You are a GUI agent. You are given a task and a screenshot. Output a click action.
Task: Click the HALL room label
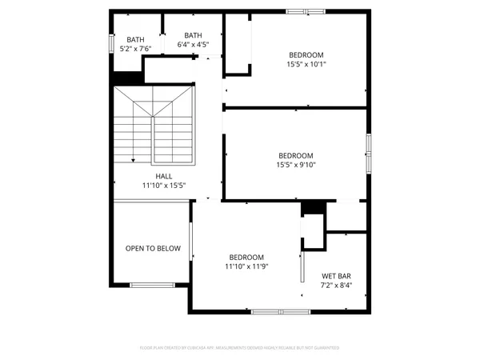[163, 176]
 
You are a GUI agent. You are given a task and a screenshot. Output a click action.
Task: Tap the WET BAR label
[336, 276]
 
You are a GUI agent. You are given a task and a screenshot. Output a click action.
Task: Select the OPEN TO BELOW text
[153, 249]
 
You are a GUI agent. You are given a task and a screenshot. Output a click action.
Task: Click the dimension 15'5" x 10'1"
[306, 65]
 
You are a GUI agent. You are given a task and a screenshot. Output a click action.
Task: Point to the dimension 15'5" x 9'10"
[296, 166]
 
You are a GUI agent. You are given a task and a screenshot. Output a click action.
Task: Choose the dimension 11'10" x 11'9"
[246, 266]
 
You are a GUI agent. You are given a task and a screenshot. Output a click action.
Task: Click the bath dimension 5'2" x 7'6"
[134, 48]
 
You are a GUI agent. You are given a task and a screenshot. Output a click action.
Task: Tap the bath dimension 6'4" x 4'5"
[194, 45]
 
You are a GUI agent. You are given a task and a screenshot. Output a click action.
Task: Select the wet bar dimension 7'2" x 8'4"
[336, 285]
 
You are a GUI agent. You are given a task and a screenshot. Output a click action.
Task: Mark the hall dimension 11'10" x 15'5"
[163, 185]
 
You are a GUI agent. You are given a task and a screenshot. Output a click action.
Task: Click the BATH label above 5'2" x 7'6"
[134, 39]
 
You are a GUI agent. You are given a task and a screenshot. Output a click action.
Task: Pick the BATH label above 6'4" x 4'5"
[194, 35]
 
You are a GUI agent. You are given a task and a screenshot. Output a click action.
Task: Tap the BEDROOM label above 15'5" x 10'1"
[306, 55]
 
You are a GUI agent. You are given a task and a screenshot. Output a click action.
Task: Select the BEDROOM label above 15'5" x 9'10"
[296, 156]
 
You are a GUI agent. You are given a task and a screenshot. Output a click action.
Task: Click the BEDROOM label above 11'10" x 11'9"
[246, 257]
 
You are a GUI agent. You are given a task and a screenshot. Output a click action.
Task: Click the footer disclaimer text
[240, 348]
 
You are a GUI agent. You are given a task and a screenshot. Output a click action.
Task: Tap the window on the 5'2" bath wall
[111, 42]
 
